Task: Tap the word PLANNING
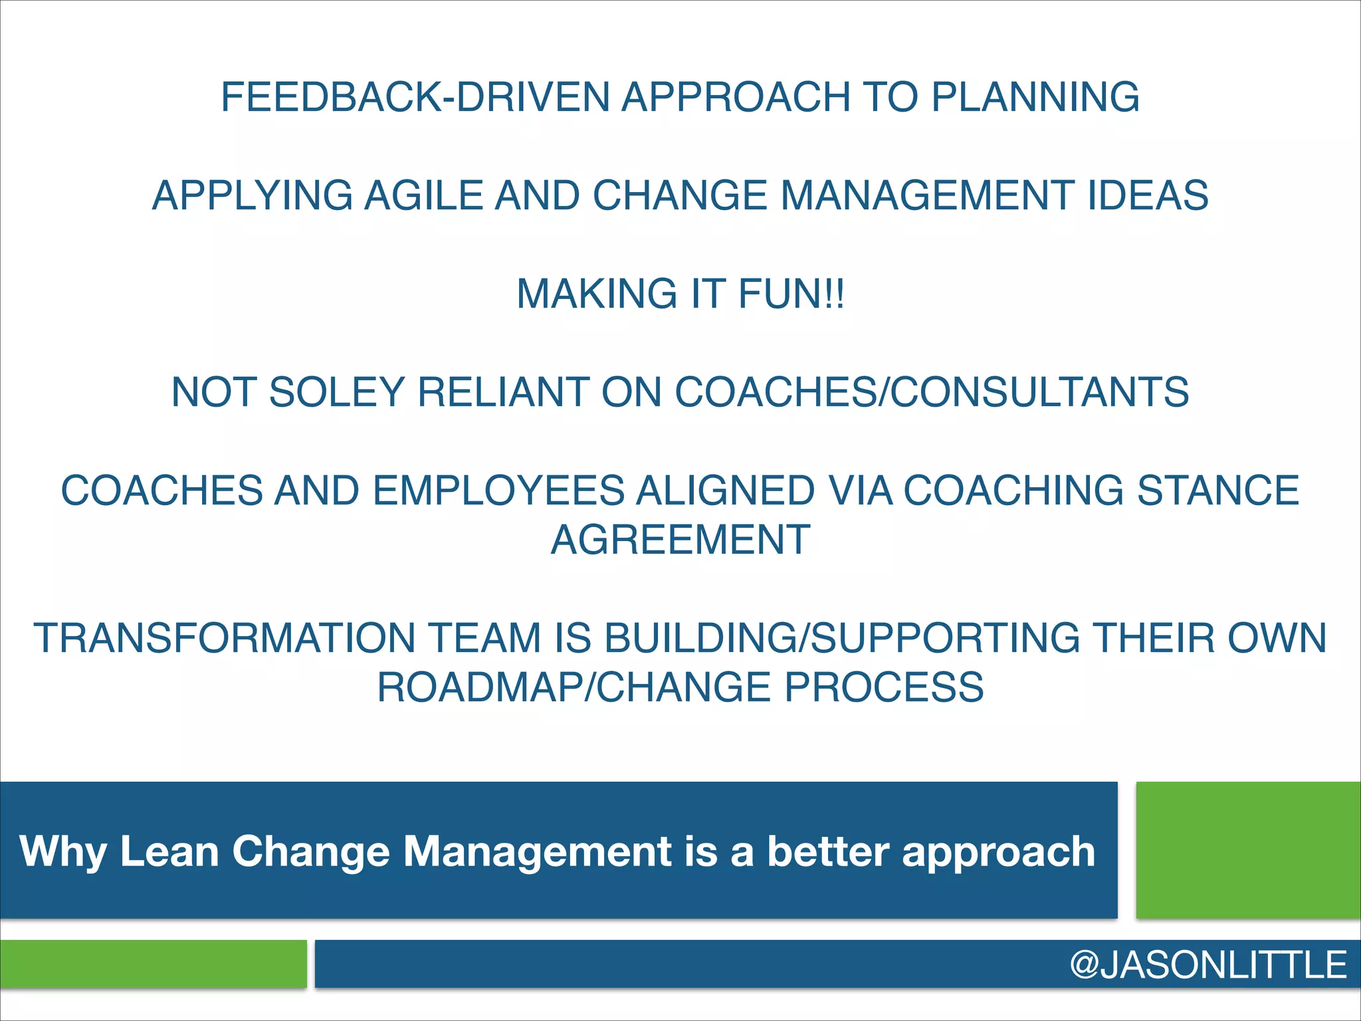(x=1035, y=97)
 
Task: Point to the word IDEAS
(x=1148, y=195)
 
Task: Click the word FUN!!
(x=791, y=294)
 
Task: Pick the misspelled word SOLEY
(x=337, y=392)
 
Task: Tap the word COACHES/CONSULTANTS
(x=932, y=392)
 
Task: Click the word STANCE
(x=1217, y=491)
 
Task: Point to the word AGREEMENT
(x=680, y=540)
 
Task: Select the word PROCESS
(x=884, y=687)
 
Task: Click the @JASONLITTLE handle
(x=1208, y=964)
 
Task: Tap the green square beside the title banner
(x=1248, y=850)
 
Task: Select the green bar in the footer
(x=153, y=964)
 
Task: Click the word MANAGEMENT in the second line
(x=927, y=195)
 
